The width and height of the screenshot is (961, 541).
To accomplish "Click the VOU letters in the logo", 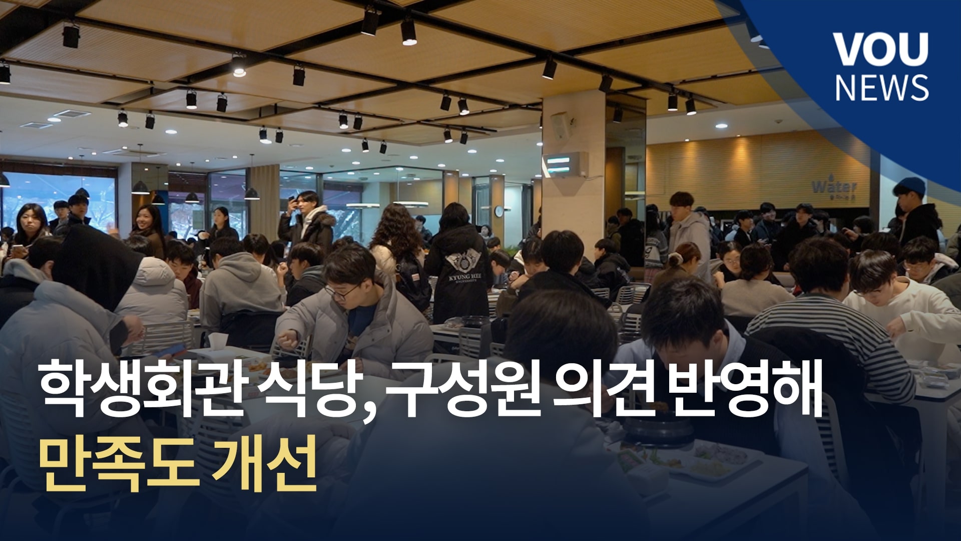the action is tap(880, 50).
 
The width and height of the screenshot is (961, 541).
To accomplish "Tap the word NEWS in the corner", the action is tap(881, 88).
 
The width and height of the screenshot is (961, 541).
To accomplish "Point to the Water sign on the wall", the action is tap(834, 187).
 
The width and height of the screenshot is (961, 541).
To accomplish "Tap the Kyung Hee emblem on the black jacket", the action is tap(461, 260).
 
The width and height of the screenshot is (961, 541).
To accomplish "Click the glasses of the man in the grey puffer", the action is tap(342, 292).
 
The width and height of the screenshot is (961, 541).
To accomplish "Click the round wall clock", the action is tap(499, 211).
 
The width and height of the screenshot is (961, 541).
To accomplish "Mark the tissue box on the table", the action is tap(218, 343).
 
